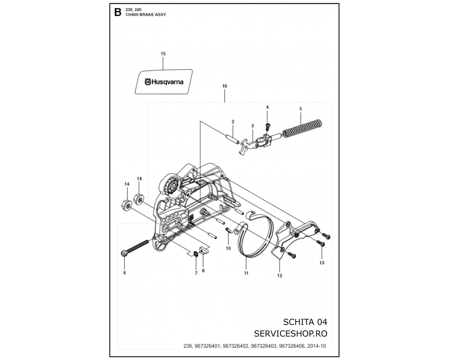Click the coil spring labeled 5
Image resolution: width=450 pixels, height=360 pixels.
click(x=302, y=129)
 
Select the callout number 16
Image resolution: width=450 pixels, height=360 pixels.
click(x=225, y=86)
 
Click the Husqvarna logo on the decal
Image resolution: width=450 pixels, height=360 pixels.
click(x=164, y=82)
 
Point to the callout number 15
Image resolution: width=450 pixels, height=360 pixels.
click(x=163, y=54)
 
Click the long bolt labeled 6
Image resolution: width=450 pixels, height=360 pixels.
click(x=135, y=247)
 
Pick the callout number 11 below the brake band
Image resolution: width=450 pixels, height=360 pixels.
click(x=246, y=273)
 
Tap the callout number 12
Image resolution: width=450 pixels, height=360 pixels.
click(x=279, y=275)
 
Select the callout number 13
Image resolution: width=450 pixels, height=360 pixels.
click(x=322, y=263)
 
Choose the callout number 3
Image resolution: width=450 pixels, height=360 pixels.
click(x=252, y=126)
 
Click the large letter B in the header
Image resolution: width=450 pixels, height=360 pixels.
click(x=117, y=12)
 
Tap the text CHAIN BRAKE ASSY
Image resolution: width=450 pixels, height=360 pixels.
click(x=146, y=15)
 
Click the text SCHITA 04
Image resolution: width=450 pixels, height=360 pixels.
click(x=305, y=322)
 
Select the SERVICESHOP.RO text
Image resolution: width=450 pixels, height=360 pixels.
click(x=291, y=333)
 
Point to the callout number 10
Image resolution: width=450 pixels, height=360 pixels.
click(x=228, y=248)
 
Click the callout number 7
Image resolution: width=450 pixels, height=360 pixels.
click(x=196, y=273)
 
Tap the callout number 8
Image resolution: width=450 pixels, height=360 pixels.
click(x=203, y=271)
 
